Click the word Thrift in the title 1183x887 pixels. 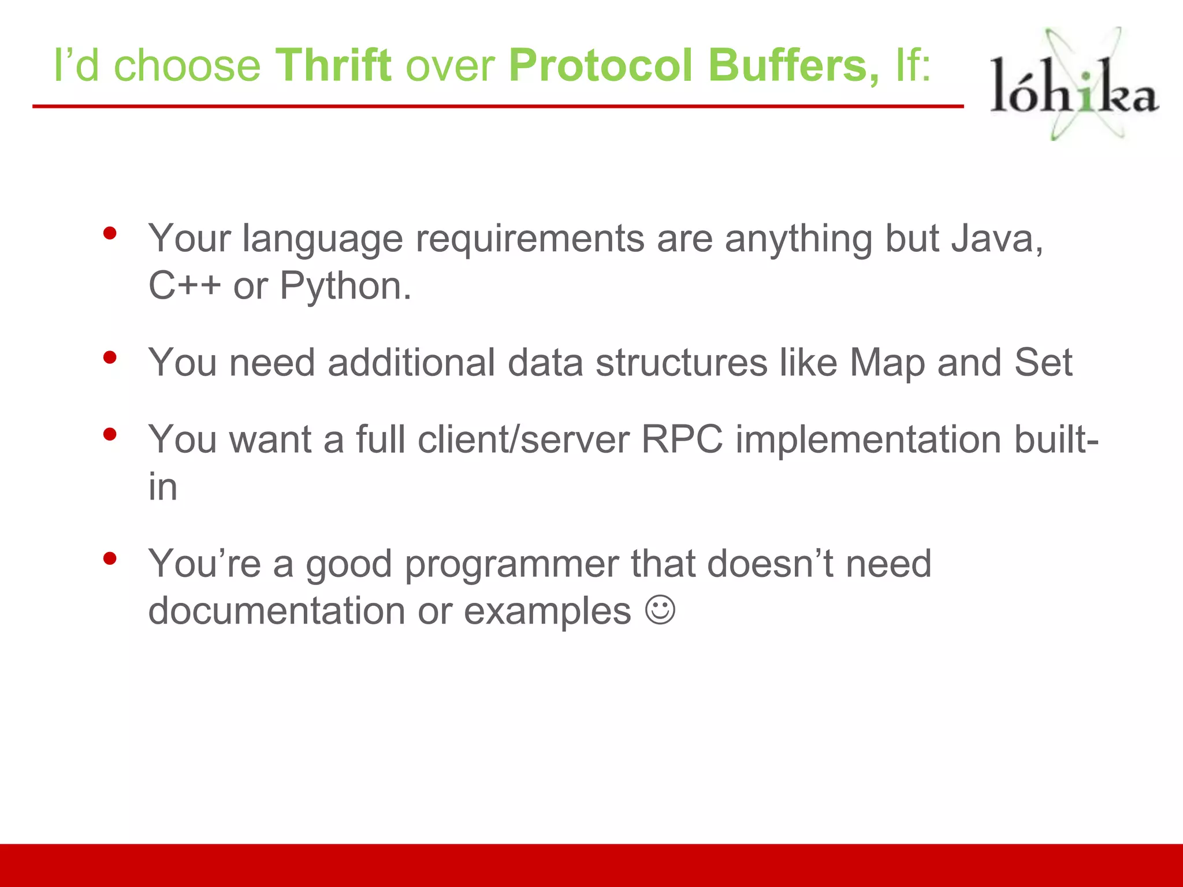pyautogui.click(x=333, y=65)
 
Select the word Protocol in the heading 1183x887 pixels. pyautogui.click(x=601, y=65)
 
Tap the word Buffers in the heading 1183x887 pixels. pyautogui.click(x=793, y=65)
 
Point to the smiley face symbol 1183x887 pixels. pyautogui.click(x=660, y=610)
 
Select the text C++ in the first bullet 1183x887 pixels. pyautogui.click(x=184, y=286)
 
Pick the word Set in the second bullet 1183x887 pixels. pyautogui.click(x=1043, y=363)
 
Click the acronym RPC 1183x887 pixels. pyautogui.click(x=682, y=440)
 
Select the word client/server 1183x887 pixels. pyautogui.click(x=523, y=440)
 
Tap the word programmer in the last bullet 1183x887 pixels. pyautogui.click(x=511, y=565)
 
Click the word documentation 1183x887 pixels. pyautogui.click(x=277, y=611)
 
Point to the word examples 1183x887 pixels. pyautogui.click(x=547, y=612)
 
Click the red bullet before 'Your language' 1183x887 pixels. pyautogui.click(x=110, y=234)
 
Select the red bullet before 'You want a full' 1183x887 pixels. pyautogui.click(x=110, y=434)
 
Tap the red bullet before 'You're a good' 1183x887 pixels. pyautogui.click(x=110, y=558)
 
